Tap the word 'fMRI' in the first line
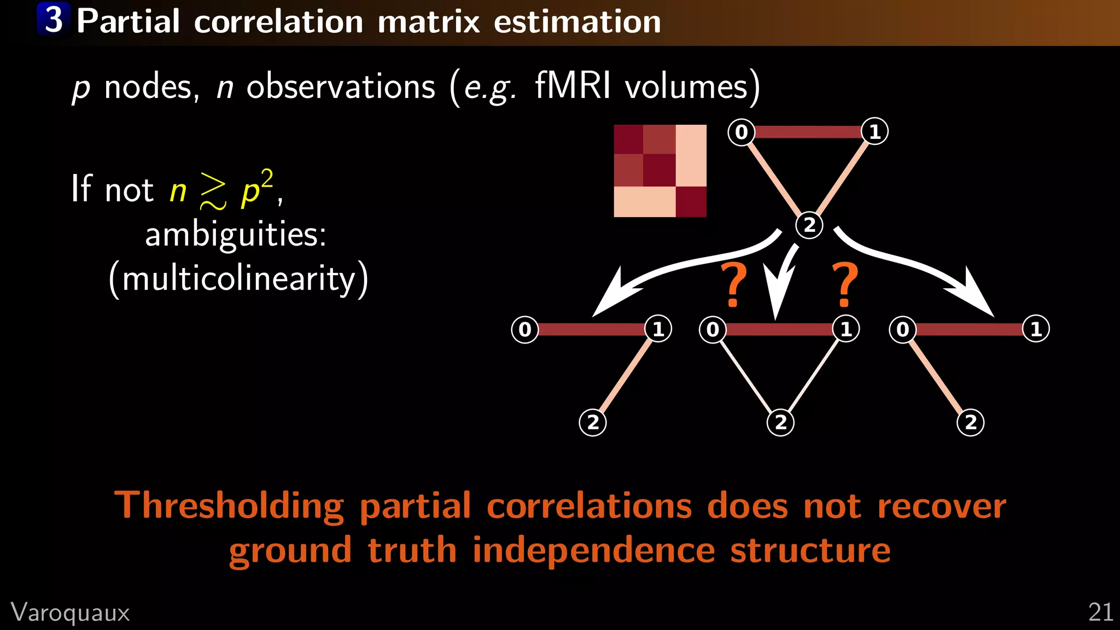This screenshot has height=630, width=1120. coord(572,86)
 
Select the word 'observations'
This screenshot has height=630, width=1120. coord(341,86)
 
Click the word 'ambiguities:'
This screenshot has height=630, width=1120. coord(236,235)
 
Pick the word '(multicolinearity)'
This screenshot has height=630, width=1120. coord(238,279)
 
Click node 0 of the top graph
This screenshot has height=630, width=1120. coord(741,132)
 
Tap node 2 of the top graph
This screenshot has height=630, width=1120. coord(809,225)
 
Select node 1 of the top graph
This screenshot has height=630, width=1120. coord(874,131)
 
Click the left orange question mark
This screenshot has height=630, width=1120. coord(733,285)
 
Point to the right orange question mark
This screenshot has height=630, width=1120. coord(845,285)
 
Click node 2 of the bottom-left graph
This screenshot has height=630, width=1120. coord(593,422)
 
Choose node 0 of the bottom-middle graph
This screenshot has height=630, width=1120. coord(713,329)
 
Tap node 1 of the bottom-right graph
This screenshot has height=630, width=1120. coord(1036,329)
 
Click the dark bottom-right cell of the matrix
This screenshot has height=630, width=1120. coord(691,202)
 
